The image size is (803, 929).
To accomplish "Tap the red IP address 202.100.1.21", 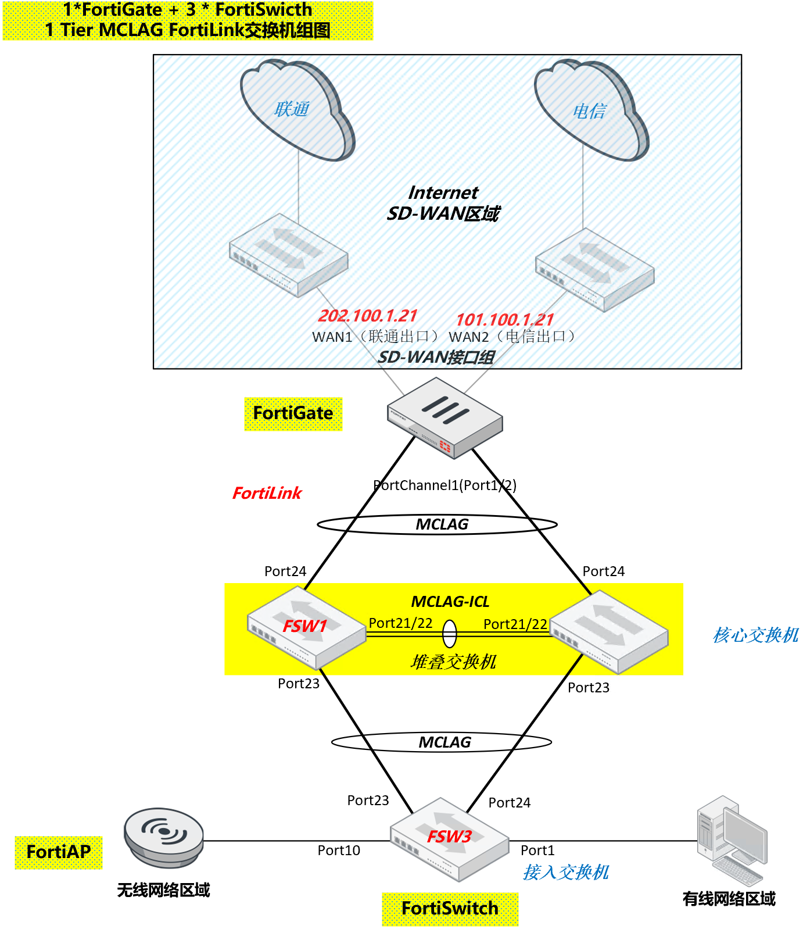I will click(368, 316).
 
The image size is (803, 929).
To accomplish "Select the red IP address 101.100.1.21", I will click(504, 320).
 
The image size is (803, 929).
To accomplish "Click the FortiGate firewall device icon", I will click(444, 417).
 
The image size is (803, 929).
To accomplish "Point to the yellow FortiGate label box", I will click(293, 413).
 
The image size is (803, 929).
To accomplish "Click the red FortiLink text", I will click(267, 493).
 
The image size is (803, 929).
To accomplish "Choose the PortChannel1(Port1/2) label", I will click(444, 485).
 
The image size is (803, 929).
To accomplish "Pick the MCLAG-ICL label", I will click(450, 602).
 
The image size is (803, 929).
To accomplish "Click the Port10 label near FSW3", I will click(339, 851).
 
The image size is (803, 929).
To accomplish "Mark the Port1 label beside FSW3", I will click(537, 851).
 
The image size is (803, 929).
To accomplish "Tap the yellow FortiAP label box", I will click(59, 852).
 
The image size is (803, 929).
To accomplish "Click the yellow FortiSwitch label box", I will click(450, 909).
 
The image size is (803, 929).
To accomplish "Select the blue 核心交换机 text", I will click(755, 635).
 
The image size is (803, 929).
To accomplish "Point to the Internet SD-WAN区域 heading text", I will click(443, 203).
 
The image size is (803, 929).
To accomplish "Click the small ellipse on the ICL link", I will click(450, 634).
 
